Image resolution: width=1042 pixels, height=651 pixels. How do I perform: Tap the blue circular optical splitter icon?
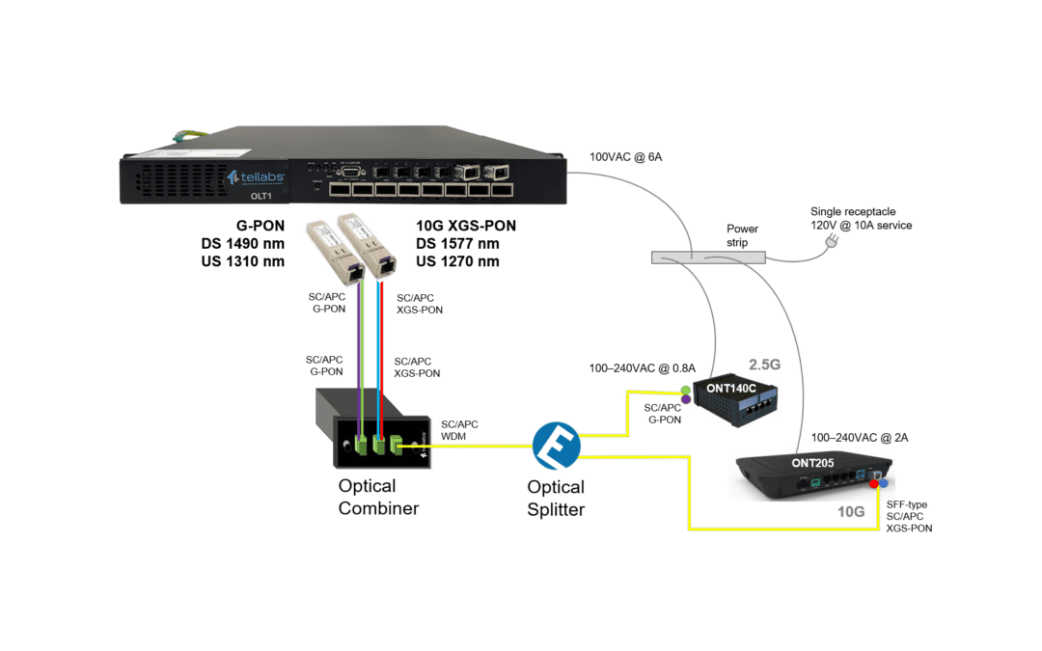pos(556,446)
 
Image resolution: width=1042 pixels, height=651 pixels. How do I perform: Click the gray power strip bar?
pos(708,258)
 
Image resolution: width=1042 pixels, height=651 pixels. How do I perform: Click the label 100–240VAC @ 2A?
pos(860,437)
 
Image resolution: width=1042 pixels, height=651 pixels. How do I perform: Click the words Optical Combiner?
pos(378,498)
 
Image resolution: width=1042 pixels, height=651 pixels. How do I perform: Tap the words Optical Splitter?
pos(556,498)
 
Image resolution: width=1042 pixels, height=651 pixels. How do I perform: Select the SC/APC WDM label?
pos(459,431)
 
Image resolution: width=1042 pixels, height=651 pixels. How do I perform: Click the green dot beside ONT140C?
pos(687,389)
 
